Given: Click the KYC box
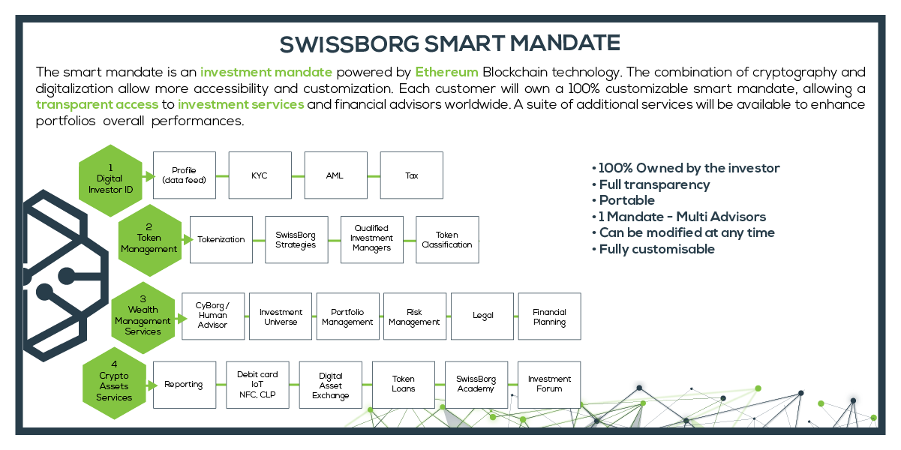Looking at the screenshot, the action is tap(260, 175).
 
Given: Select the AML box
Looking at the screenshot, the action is tap(335, 175).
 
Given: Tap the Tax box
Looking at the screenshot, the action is tap(411, 175).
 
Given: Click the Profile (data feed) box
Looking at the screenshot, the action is tap(185, 175).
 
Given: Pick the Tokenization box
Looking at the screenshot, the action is tap(221, 240).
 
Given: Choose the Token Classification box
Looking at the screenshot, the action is tap(447, 240).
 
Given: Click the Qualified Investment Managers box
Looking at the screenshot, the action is tap(371, 240).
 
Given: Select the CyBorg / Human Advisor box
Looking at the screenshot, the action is tap(213, 316).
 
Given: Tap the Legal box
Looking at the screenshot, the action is tap(482, 316).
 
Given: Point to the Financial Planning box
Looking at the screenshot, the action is tap(549, 316).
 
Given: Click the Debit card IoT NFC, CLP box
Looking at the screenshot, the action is tap(257, 385).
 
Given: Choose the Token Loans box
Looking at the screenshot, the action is tap(404, 385).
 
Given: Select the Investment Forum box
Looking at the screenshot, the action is tap(549, 385).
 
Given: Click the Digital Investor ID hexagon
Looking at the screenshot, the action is tap(110, 181).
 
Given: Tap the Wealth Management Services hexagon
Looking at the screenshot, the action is tap(143, 318).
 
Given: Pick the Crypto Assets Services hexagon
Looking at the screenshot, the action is tap(114, 383).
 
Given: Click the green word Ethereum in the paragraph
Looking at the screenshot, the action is tap(446, 72).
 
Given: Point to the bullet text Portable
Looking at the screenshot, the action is tap(626, 200).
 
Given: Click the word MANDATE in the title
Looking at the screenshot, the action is tap(565, 43).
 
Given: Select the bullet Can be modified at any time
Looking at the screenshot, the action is tap(686, 232).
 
